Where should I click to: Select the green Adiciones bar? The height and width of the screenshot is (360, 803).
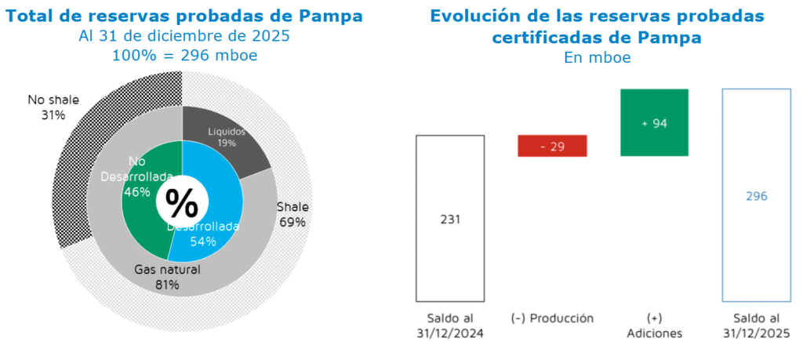[x=654, y=122]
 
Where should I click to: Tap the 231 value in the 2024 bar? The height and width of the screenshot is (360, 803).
[x=449, y=219]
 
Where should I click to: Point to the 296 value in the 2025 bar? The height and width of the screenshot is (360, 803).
[x=756, y=196]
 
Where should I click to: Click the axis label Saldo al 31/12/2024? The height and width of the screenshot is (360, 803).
[x=449, y=325]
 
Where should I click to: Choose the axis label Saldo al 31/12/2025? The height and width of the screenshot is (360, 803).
[x=756, y=325]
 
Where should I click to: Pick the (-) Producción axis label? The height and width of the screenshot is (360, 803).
[x=552, y=318]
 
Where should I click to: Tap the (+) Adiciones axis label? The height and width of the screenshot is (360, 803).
[x=654, y=325]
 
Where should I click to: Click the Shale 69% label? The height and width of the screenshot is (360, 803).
[x=292, y=214]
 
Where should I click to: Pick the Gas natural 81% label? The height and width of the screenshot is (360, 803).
[x=167, y=277]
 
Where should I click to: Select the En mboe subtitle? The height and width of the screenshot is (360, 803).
[x=597, y=57]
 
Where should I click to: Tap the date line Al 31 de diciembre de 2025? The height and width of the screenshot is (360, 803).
[x=184, y=36]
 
